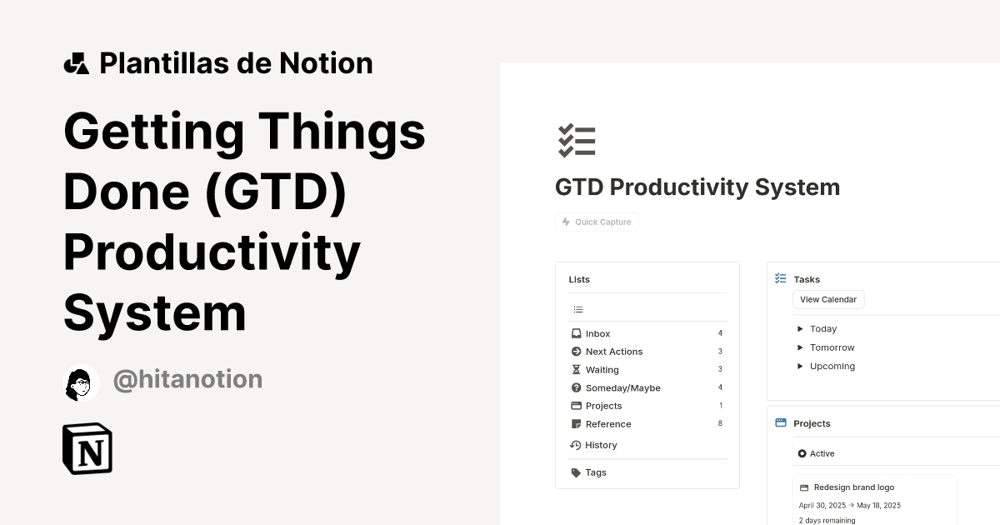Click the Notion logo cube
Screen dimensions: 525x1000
87,449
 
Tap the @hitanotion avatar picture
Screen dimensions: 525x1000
82,382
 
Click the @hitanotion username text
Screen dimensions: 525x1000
187,380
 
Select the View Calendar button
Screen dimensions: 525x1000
828,300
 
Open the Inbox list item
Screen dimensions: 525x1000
597,333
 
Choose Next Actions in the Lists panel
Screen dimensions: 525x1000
613,352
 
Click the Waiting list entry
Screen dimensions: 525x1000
602,370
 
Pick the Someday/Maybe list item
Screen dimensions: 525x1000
622,388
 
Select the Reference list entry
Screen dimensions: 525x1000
607,424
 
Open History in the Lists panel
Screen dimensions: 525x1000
600,445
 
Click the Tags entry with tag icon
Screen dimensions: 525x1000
595,472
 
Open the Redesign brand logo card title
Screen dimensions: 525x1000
853,487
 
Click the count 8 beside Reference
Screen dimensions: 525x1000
720,424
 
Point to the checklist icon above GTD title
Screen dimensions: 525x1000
577,141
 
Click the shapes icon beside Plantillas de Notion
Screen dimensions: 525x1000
77,63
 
